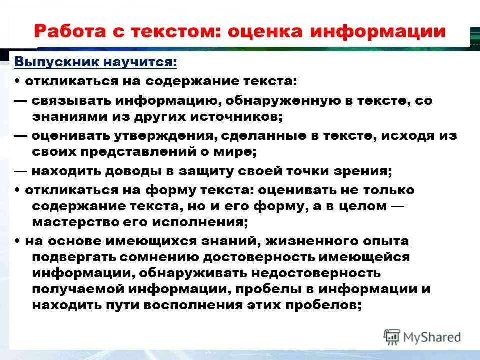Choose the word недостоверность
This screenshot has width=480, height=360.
pyautogui.click(x=314, y=274)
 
